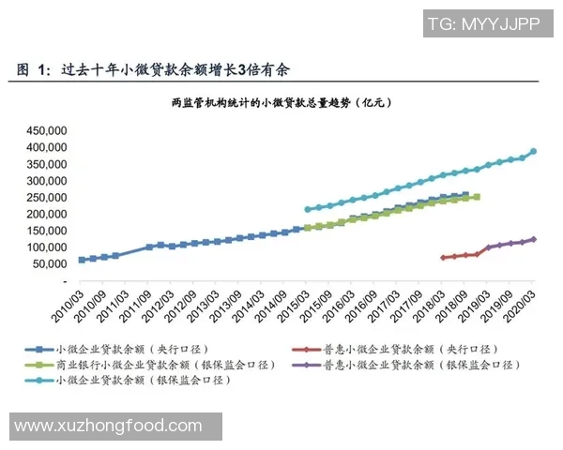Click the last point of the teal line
(534, 151)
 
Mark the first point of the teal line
(307, 210)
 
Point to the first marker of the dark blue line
(82, 260)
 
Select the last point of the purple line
(534, 239)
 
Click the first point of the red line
(443, 257)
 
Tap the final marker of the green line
(477, 197)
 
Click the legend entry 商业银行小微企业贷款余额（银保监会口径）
(160, 364)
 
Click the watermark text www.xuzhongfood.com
(109, 426)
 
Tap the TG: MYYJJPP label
(483, 25)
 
